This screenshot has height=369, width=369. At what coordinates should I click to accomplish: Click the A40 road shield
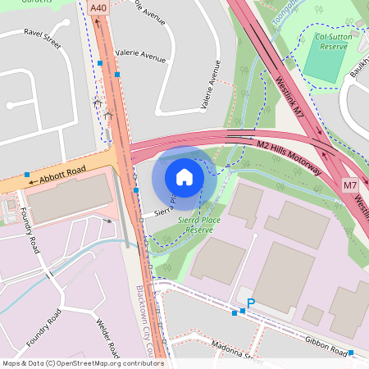98,7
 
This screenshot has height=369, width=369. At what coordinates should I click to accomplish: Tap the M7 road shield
350,185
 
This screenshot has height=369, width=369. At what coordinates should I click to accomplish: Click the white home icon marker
184,176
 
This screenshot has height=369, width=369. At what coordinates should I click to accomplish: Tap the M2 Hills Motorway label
289,156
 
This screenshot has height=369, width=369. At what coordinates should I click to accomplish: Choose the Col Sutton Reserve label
331,42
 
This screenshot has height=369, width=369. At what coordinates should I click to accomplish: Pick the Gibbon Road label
325,348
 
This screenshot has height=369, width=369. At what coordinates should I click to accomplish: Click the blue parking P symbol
251,303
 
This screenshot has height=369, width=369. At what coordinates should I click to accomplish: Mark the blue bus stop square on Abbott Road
27,175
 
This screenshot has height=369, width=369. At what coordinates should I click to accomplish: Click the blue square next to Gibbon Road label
351,353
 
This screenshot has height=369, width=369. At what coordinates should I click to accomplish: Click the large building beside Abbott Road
70,198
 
